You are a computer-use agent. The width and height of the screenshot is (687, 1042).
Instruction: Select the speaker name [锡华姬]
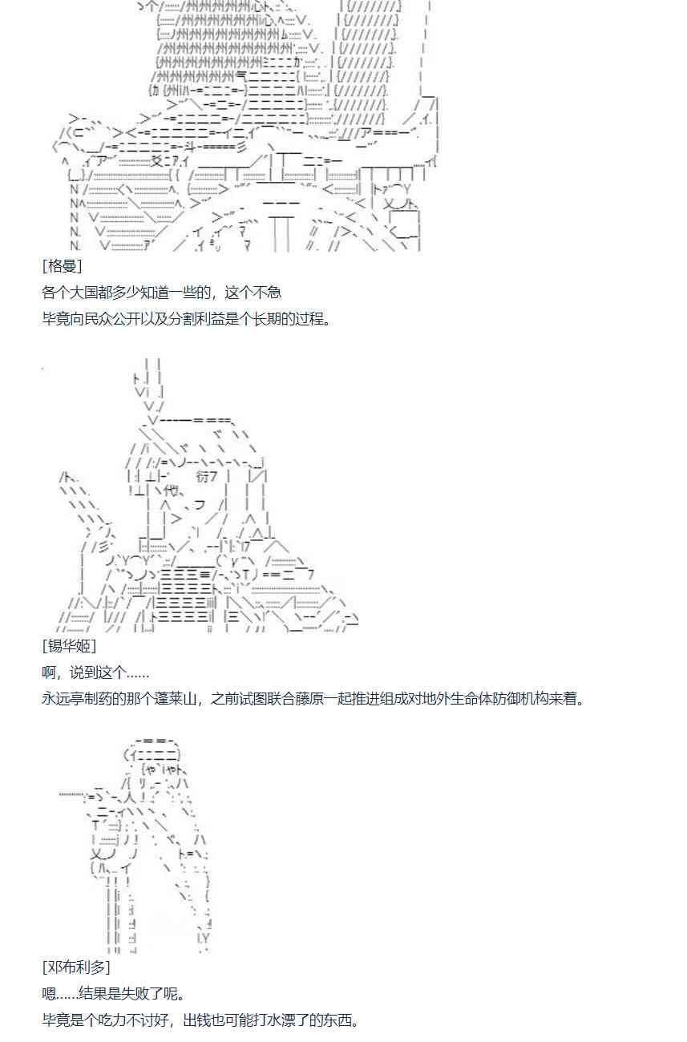click(x=69, y=646)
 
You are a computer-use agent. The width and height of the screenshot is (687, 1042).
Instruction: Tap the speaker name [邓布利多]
click(x=76, y=967)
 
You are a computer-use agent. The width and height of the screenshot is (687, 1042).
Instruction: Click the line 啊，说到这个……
click(x=95, y=672)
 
